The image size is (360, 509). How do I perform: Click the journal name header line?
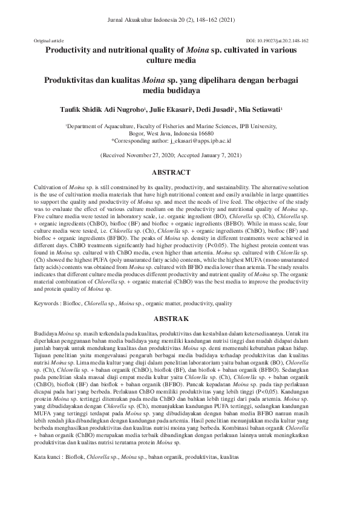(180, 19)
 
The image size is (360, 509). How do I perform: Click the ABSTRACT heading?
(180, 172)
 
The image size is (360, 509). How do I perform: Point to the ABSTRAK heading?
(180, 317)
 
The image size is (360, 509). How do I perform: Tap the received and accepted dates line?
(180, 155)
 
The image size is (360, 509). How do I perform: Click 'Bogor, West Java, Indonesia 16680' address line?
(180, 134)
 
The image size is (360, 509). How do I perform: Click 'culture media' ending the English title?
(180, 61)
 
